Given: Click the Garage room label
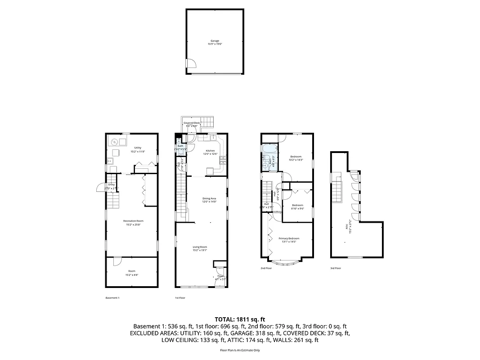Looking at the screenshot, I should pos(215,41).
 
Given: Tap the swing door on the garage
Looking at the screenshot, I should pos(190,64).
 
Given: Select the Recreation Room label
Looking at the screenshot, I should pos(133,220).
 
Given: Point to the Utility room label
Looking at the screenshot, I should pos(138,148).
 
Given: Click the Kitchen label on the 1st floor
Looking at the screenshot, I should pos(211,151).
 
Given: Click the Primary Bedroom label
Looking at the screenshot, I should pos(288,238).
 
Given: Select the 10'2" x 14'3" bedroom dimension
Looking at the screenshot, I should pos(296,160).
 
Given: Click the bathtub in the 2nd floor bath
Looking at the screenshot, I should pos(269,148).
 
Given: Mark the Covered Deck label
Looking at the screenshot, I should pos(192,123).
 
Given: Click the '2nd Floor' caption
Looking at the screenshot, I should pos(266,268).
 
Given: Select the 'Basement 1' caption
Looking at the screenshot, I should pos(112,298).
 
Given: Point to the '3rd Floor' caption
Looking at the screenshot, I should pos(335,268).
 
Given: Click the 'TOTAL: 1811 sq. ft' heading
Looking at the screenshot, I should pos(240,318).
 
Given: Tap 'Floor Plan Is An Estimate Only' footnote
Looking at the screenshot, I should pos(240,350).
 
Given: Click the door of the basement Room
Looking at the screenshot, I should pos(117,261).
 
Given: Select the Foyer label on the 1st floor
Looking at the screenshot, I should pos(220,276).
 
